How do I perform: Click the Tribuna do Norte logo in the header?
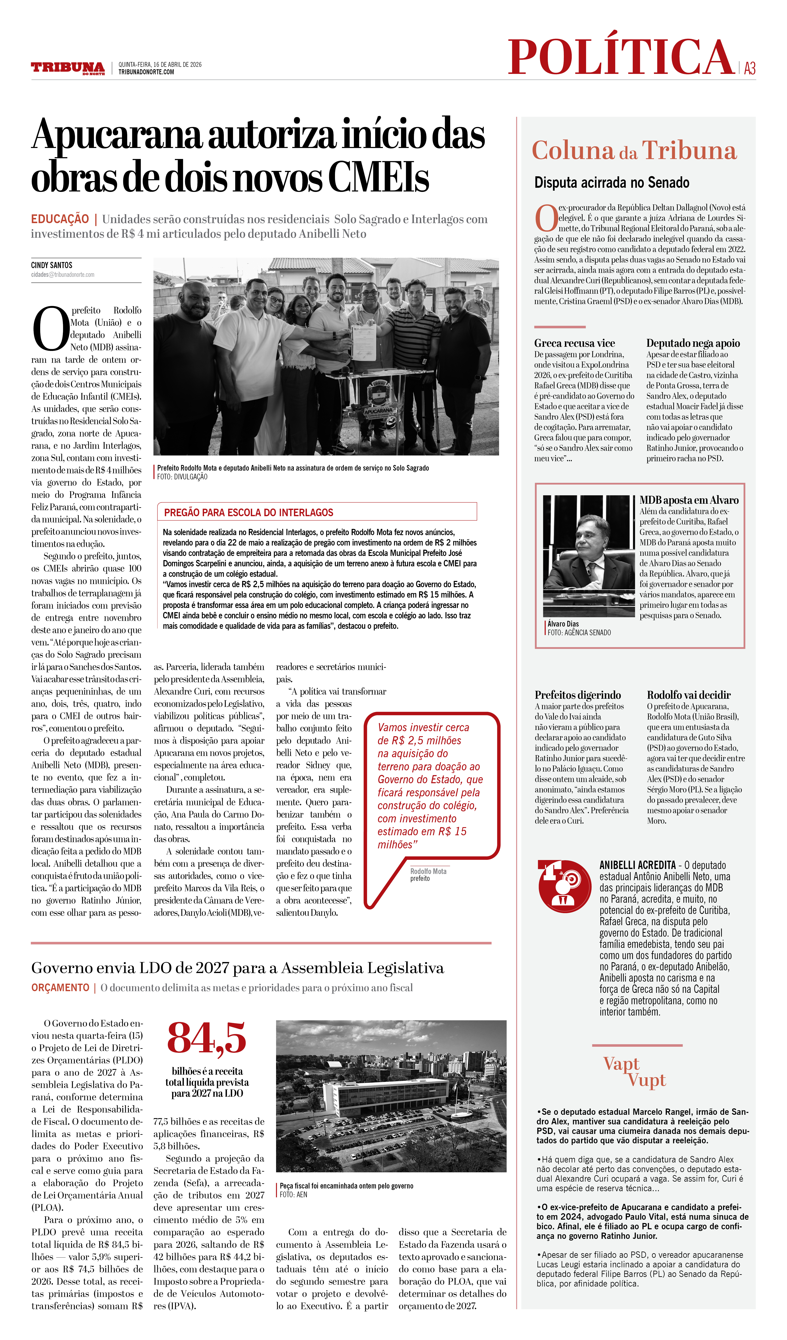pos(67,68)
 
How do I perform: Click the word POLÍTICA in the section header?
pos(621,57)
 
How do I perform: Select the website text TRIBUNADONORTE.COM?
pos(146,72)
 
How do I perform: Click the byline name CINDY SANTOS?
pos(52,265)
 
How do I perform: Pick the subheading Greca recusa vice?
pos(574,343)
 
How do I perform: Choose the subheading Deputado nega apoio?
pos(693,343)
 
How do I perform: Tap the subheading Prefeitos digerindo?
pos(578,695)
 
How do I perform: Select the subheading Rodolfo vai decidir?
pos(689,695)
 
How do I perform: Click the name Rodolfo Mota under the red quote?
pos(428,871)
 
